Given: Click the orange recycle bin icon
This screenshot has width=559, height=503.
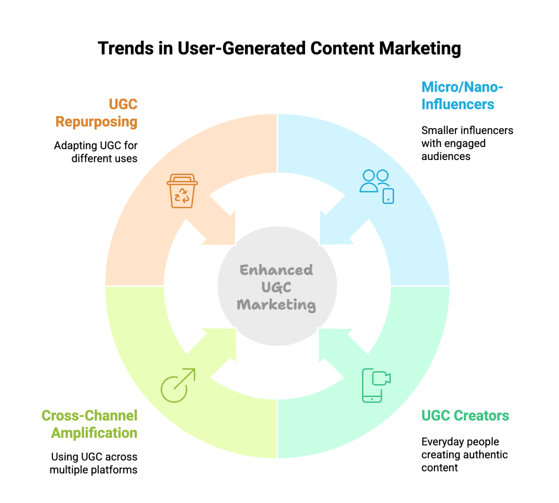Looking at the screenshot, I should pos(182,191).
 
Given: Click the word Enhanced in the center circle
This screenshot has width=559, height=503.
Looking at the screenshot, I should pos(276,270).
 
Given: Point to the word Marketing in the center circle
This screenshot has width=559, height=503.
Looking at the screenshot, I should pos(276,305).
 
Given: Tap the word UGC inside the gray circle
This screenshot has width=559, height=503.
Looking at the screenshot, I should pos(276,287).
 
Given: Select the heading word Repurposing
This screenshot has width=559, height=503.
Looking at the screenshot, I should pos(96,122).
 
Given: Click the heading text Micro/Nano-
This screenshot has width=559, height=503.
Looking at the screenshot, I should pos(462,87).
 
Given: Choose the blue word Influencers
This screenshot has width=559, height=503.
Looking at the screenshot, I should pos(458,104).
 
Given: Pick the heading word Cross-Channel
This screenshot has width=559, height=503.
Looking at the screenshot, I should pos(89,416).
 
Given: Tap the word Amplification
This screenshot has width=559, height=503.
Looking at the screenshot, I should pos(94,433).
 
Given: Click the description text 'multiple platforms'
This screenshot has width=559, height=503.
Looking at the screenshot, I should pos(94,470).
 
